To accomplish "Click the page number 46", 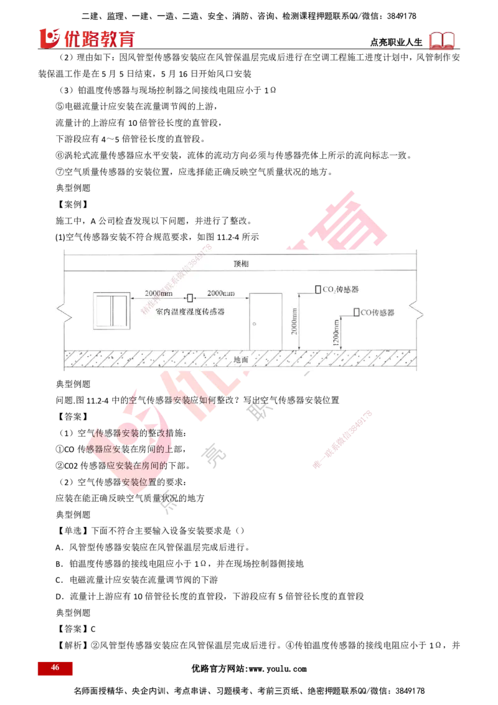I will [55, 668].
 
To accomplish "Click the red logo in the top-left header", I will [87, 39].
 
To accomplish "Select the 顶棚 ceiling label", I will [241, 263].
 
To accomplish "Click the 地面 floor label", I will [241, 360].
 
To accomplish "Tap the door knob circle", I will [255, 324].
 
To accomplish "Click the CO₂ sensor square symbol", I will [317, 290].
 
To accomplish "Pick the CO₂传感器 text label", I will [341, 290].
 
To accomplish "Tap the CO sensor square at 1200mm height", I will [356, 312].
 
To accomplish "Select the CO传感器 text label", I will [378, 313].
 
